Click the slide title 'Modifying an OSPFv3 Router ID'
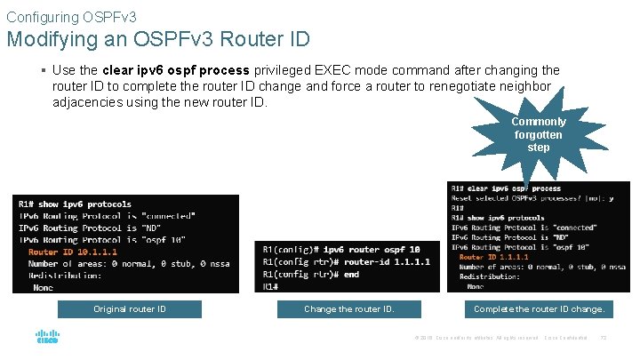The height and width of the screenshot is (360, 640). (157, 39)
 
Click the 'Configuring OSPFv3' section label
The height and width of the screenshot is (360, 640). (71, 16)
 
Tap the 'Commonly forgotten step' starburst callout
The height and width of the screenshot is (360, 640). (538, 134)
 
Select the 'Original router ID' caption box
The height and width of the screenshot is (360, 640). (130, 309)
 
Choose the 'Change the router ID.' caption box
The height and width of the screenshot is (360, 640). (348, 309)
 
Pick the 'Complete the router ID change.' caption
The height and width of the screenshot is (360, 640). (539, 309)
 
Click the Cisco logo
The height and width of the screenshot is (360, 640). (46, 338)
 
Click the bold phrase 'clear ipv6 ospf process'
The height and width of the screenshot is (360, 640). (178, 70)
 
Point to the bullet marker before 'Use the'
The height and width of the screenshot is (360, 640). (44, 70)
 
